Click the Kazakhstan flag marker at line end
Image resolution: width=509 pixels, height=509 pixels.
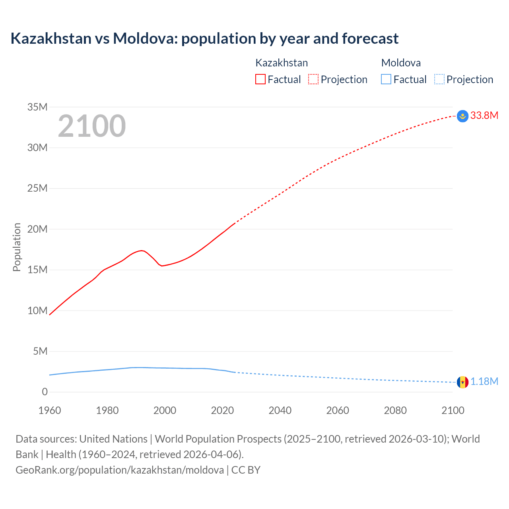click(x=462, y=116)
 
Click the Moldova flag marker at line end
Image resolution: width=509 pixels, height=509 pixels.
click(x=462, y=382)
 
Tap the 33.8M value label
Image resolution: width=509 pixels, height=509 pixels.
click(x=484, y=116)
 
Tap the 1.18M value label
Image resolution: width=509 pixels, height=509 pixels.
click(x=484, y=382)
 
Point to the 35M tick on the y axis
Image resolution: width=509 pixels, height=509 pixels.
click(x=37, y=107)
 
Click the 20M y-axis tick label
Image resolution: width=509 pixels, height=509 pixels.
click(x=37, y=229)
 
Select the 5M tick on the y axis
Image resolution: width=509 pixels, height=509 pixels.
click(x=40, y=351)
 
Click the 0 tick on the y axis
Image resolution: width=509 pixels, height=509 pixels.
click(x=45, y=392)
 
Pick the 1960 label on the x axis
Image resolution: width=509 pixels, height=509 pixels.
click(x=50, y=410)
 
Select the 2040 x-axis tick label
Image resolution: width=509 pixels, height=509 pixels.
click(x=280, y=410)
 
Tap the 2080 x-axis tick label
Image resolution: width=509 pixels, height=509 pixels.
click(x=395, y=410)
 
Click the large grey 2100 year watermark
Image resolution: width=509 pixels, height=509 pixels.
click(x=92, y=126)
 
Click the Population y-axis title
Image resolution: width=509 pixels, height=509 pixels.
click(x=17, y=247)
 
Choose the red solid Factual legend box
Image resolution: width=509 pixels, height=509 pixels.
click(x=260, y=80)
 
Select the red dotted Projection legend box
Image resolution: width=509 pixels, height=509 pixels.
click(x=313, y=80)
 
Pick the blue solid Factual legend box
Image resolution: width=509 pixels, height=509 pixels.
click(x=386, y=80)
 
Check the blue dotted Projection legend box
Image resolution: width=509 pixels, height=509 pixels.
click(x=439, y=80)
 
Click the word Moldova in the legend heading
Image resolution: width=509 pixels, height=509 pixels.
click(x=401, y=63)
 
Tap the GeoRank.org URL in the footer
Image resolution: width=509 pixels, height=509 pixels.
click(x=119, y=470)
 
